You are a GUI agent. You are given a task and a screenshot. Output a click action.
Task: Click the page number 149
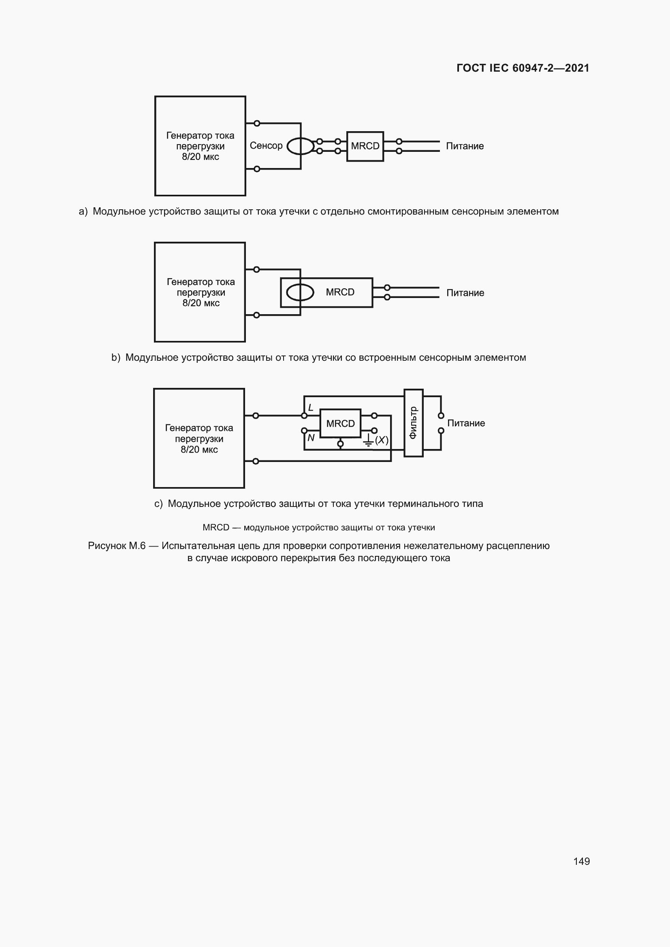[581, 861]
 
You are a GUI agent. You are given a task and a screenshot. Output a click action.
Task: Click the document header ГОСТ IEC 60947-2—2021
[523, 68]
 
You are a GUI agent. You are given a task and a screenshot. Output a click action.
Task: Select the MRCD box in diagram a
[365, 147]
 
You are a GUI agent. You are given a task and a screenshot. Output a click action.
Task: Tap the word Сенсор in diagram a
[266, 146]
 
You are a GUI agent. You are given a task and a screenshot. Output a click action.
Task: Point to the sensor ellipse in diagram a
[300, 146]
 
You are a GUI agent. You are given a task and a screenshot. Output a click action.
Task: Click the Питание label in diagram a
[465, 146]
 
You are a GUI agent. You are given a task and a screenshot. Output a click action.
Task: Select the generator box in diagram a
[200, 146]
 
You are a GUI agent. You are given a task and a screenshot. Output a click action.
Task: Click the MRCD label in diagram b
[340, 292]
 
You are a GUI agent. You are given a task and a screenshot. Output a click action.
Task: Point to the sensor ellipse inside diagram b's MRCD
[300, 292]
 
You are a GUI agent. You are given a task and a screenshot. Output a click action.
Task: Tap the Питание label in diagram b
[465, 293]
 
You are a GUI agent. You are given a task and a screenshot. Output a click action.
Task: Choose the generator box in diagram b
[200, 292]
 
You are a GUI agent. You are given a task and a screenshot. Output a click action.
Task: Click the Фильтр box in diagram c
[414, 423]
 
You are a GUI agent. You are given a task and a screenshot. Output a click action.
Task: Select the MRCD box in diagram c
[340, 423]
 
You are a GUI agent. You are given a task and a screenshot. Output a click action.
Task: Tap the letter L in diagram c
[311, 408]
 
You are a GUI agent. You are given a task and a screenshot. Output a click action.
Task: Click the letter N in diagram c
[311, 438]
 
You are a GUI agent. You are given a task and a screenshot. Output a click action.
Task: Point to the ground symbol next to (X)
[368, 441]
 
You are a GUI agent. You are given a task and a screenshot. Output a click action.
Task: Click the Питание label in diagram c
[466, 423]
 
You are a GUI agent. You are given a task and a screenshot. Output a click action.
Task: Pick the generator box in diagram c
[199, 438]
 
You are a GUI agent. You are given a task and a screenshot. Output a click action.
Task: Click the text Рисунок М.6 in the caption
[117, 546]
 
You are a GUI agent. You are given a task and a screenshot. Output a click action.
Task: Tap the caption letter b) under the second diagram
[115, 358]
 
